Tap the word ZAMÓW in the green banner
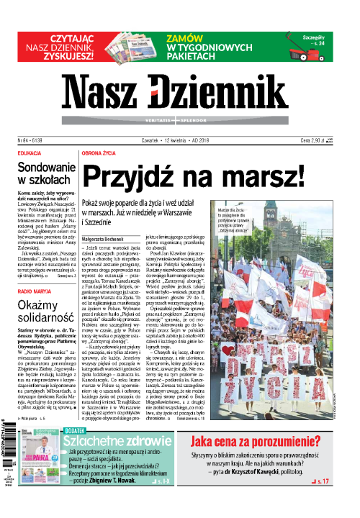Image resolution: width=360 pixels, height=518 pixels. tap(189, 39)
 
